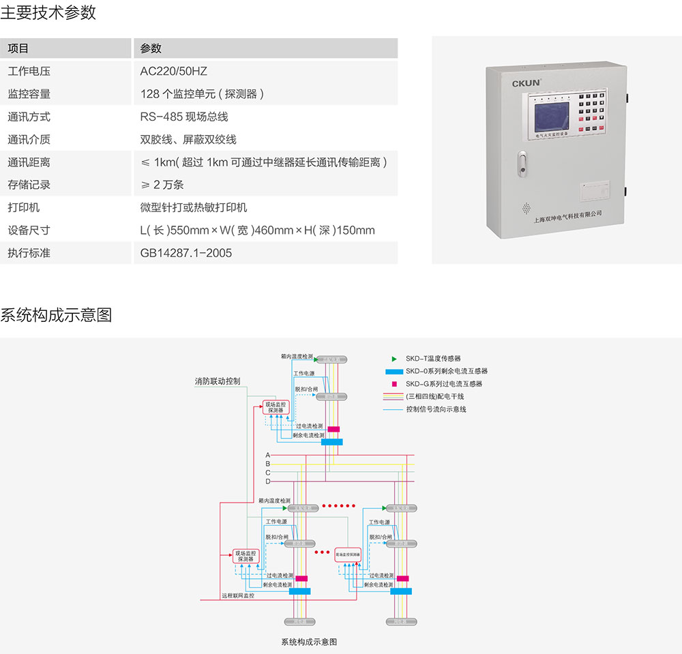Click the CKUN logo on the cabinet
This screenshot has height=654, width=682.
[x=526, y=83]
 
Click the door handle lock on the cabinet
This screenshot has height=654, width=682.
[x=522, y=164]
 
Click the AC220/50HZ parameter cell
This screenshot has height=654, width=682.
[x=173, y=71]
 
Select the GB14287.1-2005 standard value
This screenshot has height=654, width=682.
[x=186, y=253]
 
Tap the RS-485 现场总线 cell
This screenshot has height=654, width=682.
[x=184, y=117]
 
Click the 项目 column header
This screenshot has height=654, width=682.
[x=18, y=48]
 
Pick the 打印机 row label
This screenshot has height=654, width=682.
[x=24, y=207]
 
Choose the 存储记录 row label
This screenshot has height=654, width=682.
[x=29, y=185]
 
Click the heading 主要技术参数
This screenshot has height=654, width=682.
[x=48, y=12]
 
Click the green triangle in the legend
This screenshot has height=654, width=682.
[x=394, y=358]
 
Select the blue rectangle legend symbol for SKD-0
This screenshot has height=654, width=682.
[x=394, y=372]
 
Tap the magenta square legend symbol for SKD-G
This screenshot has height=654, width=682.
[x=394, y=384]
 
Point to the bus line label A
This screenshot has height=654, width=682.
[x=268, y=455]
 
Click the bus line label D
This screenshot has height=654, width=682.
[x=268, y=481]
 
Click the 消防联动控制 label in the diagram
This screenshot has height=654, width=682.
[x=217, y=381]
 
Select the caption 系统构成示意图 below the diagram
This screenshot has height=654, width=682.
[x=309, y=642]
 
